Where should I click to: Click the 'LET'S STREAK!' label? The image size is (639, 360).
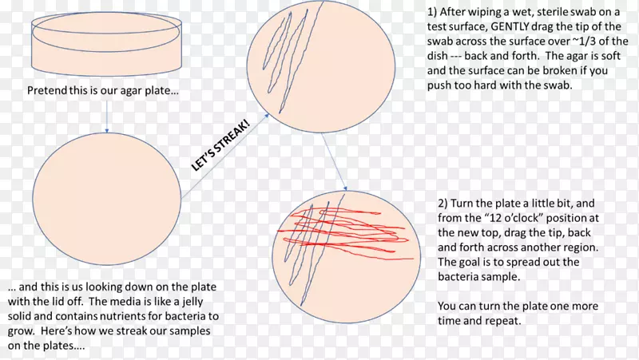[x=220, y=145]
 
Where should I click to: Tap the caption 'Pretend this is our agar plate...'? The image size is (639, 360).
[x=103, y=90]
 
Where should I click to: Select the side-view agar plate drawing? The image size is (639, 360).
[x=106, y=44]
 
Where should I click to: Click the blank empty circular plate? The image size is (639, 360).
[x=107, y=199]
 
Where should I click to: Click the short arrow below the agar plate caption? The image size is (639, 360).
[x=107, y=117]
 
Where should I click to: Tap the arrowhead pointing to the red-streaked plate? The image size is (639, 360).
[x=345, y=188]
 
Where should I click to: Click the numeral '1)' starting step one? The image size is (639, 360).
[x=432, y=12]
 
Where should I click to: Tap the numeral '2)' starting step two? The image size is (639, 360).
[x=443, y=204]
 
